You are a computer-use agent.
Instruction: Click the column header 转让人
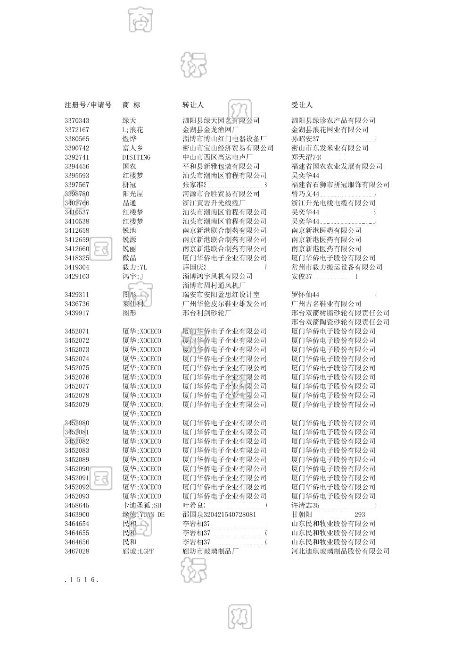tap(193, 105)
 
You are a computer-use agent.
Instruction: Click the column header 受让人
tap(302, 105)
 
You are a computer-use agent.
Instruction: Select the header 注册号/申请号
tap(88, 105)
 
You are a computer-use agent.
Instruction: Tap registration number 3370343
tap(77, 120)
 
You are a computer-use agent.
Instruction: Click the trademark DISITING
tap(136, 157)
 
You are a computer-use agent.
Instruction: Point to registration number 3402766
tap(77, 203)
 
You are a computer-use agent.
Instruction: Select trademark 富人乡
tap(133, 148)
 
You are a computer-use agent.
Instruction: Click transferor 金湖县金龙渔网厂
tap(211, 129)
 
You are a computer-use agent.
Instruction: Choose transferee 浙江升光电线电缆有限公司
tap(333, 203)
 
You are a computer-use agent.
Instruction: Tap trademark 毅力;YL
tap(135, 267)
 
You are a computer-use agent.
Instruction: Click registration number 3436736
tap(77, 304)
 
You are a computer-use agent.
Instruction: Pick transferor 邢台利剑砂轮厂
tap(207, 313)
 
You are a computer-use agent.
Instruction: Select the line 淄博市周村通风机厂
tap(214, 286)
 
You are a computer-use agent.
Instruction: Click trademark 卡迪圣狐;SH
tap(142, 505)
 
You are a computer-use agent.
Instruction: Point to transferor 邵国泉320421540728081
tap(219, 515)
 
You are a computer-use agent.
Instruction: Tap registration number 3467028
tap(77, 551)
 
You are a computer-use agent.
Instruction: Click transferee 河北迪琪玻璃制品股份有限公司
tap(340, 551)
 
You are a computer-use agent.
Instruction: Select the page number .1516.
tap(81, 580)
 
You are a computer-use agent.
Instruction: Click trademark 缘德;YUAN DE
tap(143, 515)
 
